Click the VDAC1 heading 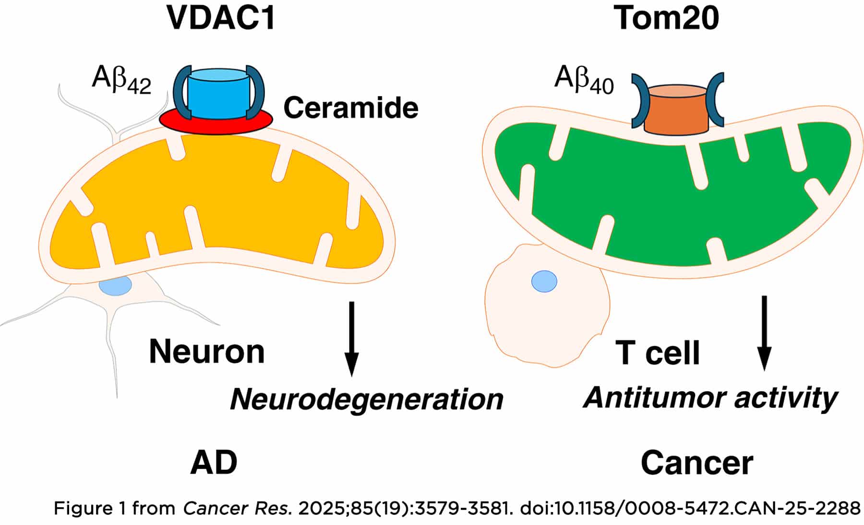point(221,18)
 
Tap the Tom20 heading point(666,18)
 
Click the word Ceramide point(351,108)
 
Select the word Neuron point(207,352)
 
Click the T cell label point(658,353)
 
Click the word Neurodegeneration point(367,399)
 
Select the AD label point(214,463)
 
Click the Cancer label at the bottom point(697,463)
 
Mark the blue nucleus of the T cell point(544,281)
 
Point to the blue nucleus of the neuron point(115,286)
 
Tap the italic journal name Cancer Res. point(237,509)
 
